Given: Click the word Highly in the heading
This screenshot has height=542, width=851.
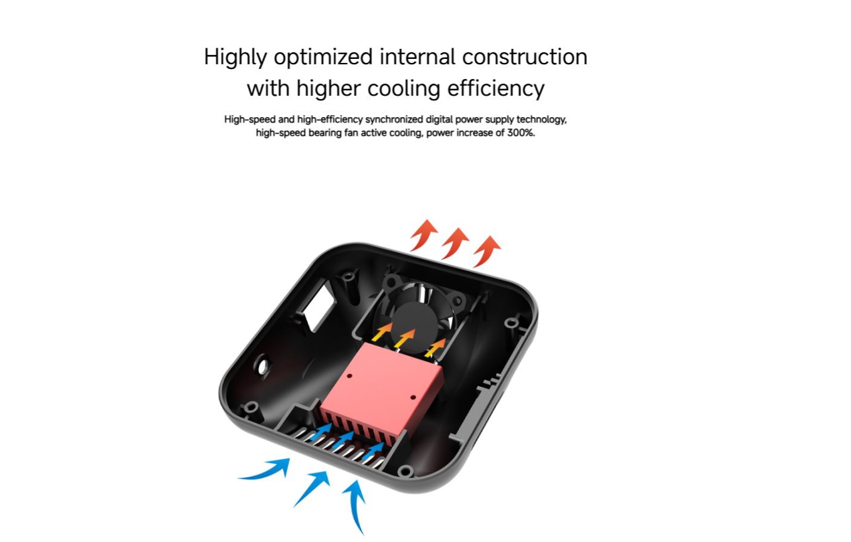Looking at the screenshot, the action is point(235,58).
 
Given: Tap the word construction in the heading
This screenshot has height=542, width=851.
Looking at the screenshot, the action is point(525,57).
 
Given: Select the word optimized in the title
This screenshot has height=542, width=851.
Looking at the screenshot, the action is point(323,58).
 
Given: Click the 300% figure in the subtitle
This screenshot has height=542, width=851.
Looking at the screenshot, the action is point(521,133).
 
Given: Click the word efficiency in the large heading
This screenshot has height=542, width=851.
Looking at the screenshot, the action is point(496,88).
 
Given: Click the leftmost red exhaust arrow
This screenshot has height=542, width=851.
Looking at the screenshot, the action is point(423,235).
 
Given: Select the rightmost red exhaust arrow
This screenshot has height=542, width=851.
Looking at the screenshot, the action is point(487,251).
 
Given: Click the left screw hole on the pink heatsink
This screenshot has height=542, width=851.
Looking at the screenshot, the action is point(349,375).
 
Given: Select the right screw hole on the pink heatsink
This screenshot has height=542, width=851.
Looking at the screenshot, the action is point(413,397).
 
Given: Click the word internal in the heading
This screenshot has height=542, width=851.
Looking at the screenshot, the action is point(417,57).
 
